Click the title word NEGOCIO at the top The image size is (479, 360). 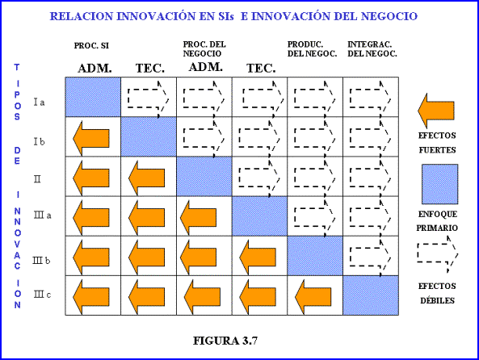coord(389,16)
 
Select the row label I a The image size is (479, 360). coord(39,102)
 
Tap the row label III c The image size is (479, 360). coord(42,295)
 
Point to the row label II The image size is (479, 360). coord(37,178)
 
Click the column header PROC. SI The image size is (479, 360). coord(91,46)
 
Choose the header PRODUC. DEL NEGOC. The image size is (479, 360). coord(312,49)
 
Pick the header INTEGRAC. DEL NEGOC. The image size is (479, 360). coord(372,49)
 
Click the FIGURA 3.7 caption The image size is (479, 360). coord(225,341)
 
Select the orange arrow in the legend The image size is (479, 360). coord(436,111)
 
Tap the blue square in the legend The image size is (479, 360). coord(440,184)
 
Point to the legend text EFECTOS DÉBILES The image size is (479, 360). coord(437,294)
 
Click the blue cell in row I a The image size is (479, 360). coord(93,97)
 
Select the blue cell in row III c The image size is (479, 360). coord(371,295)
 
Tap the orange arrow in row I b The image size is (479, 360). coord(91,138)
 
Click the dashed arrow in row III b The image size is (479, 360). coord(371,257)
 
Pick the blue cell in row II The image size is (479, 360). coord(204,176)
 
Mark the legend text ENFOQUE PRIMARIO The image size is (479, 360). coord(437,221)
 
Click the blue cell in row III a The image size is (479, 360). coord(259,216)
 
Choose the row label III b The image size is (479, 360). coord(41,261)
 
